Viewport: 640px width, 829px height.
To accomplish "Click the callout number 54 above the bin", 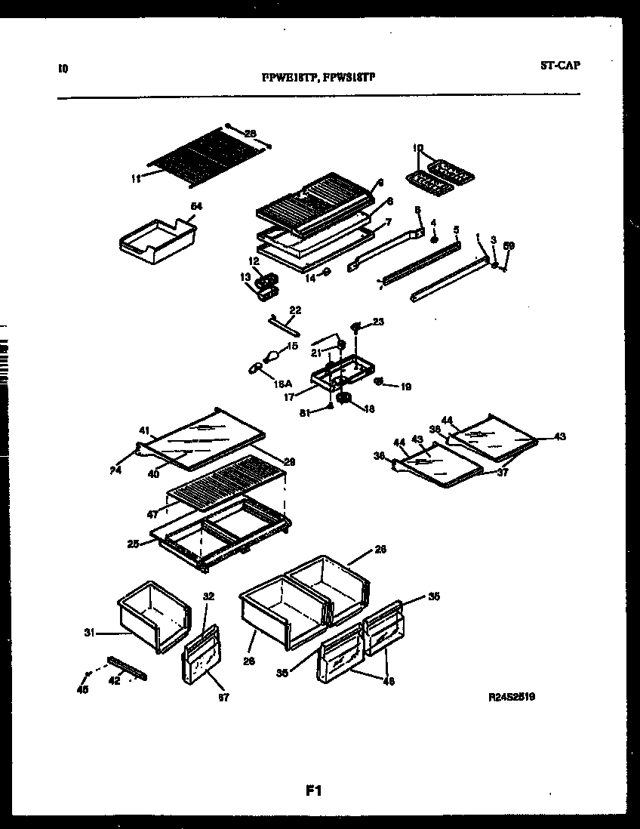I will (x=196, y=205).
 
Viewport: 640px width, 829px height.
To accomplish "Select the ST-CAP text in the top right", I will (x=560, y=66).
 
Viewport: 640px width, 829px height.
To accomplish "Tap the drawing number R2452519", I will (x=512, y=698).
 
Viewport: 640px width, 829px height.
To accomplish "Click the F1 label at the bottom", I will (x=314, y=791).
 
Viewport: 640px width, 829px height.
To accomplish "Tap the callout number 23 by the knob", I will (x=378, y=322).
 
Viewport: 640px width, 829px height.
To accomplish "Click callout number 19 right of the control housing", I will (x=406, y=387).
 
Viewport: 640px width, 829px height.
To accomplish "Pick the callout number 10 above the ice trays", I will (x=419, y=148).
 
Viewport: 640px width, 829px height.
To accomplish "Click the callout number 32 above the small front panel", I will (x=209, y=596).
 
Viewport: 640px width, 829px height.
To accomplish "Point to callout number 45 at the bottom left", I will (x=83, y=689).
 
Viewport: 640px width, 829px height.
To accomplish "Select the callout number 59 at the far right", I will (x=509, y=245).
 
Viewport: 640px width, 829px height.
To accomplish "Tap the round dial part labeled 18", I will (x=345, y=398).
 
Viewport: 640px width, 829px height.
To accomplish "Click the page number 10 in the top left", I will (x=63, y=68).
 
